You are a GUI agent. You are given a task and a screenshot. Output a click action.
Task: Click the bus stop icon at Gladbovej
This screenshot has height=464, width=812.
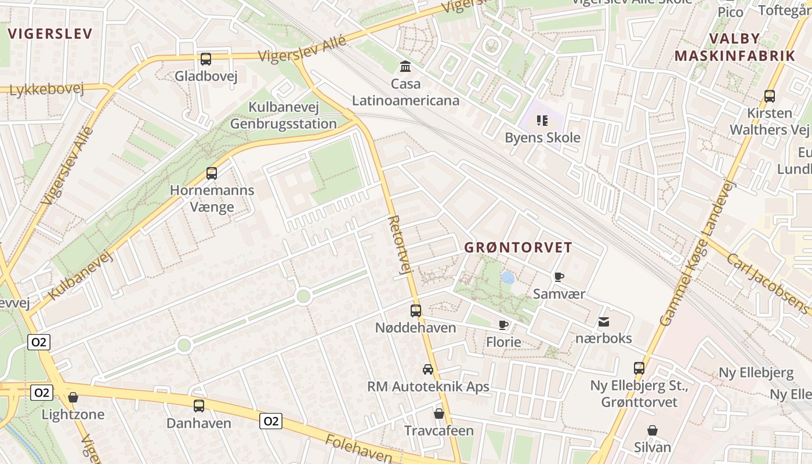tap(206, 59)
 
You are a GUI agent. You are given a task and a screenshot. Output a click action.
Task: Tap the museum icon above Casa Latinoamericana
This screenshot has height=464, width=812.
tap(406, 67)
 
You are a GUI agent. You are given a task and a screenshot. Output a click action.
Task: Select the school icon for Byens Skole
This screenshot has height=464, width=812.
tap(542, 121)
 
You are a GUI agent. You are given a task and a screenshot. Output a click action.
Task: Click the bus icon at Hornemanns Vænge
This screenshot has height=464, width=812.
tap(212, 173)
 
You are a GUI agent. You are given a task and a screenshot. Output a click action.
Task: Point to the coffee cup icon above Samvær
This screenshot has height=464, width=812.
tap(559, 277)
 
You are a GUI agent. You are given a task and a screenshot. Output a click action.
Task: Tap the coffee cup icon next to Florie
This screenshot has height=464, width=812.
tap(503, 325)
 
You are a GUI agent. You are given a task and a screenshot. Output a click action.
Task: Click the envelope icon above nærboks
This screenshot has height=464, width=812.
tap(604, 321)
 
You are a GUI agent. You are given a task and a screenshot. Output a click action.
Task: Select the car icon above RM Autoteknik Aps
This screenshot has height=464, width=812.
tap(428, 369)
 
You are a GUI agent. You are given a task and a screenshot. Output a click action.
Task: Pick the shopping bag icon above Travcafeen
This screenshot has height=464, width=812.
tap(439, 414)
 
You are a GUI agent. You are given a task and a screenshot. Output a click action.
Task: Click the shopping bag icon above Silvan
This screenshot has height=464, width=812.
tap(652, 430)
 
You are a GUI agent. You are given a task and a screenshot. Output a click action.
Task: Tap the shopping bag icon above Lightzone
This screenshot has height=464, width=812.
tap(73, 397)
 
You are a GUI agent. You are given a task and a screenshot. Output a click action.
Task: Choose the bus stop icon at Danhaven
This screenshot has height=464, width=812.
tap(199, 405)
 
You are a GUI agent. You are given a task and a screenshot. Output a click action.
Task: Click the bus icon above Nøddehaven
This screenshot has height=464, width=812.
tap(416, 310)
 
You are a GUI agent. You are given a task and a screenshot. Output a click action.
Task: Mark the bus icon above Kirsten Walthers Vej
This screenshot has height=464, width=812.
tap(770, 96)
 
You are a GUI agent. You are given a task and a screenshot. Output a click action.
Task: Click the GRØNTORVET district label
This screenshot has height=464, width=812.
tap(519, 248)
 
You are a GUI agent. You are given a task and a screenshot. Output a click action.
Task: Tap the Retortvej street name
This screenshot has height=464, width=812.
tap(400, 244)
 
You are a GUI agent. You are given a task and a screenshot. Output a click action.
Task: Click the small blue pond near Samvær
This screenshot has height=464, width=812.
tap(507, 278)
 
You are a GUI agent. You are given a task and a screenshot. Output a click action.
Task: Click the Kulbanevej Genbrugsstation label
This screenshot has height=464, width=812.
tap(284, 115)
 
